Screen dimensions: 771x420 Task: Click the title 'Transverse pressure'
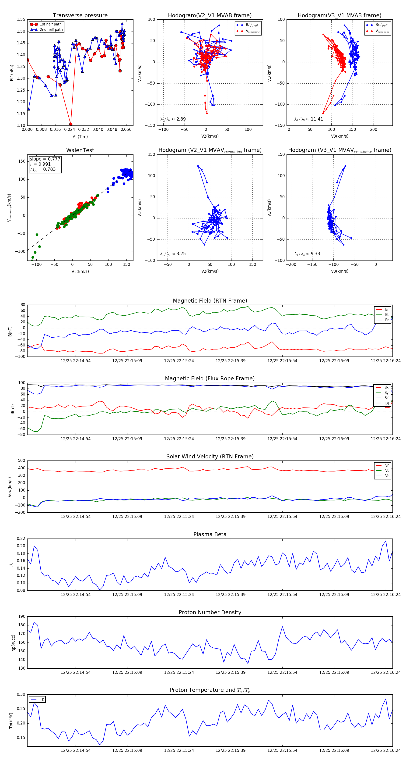tap(80, 16)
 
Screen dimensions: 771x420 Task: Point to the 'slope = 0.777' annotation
tap(45, 159)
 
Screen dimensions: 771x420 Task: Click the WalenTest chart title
tap(80, 150)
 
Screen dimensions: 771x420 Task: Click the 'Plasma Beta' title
tap(210, 534)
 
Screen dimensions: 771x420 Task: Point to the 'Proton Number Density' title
tap(210, 612)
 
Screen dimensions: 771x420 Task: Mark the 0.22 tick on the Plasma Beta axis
tap(21, 539)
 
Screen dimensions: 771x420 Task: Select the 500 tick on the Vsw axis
tap(21, 461)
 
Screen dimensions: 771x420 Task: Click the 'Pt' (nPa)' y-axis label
tap(12, 73)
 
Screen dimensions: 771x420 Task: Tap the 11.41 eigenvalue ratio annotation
tap(309, 119)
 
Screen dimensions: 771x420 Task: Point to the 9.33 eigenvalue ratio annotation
tap(307, 254)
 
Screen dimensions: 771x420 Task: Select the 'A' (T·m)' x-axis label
tap(80, 136)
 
